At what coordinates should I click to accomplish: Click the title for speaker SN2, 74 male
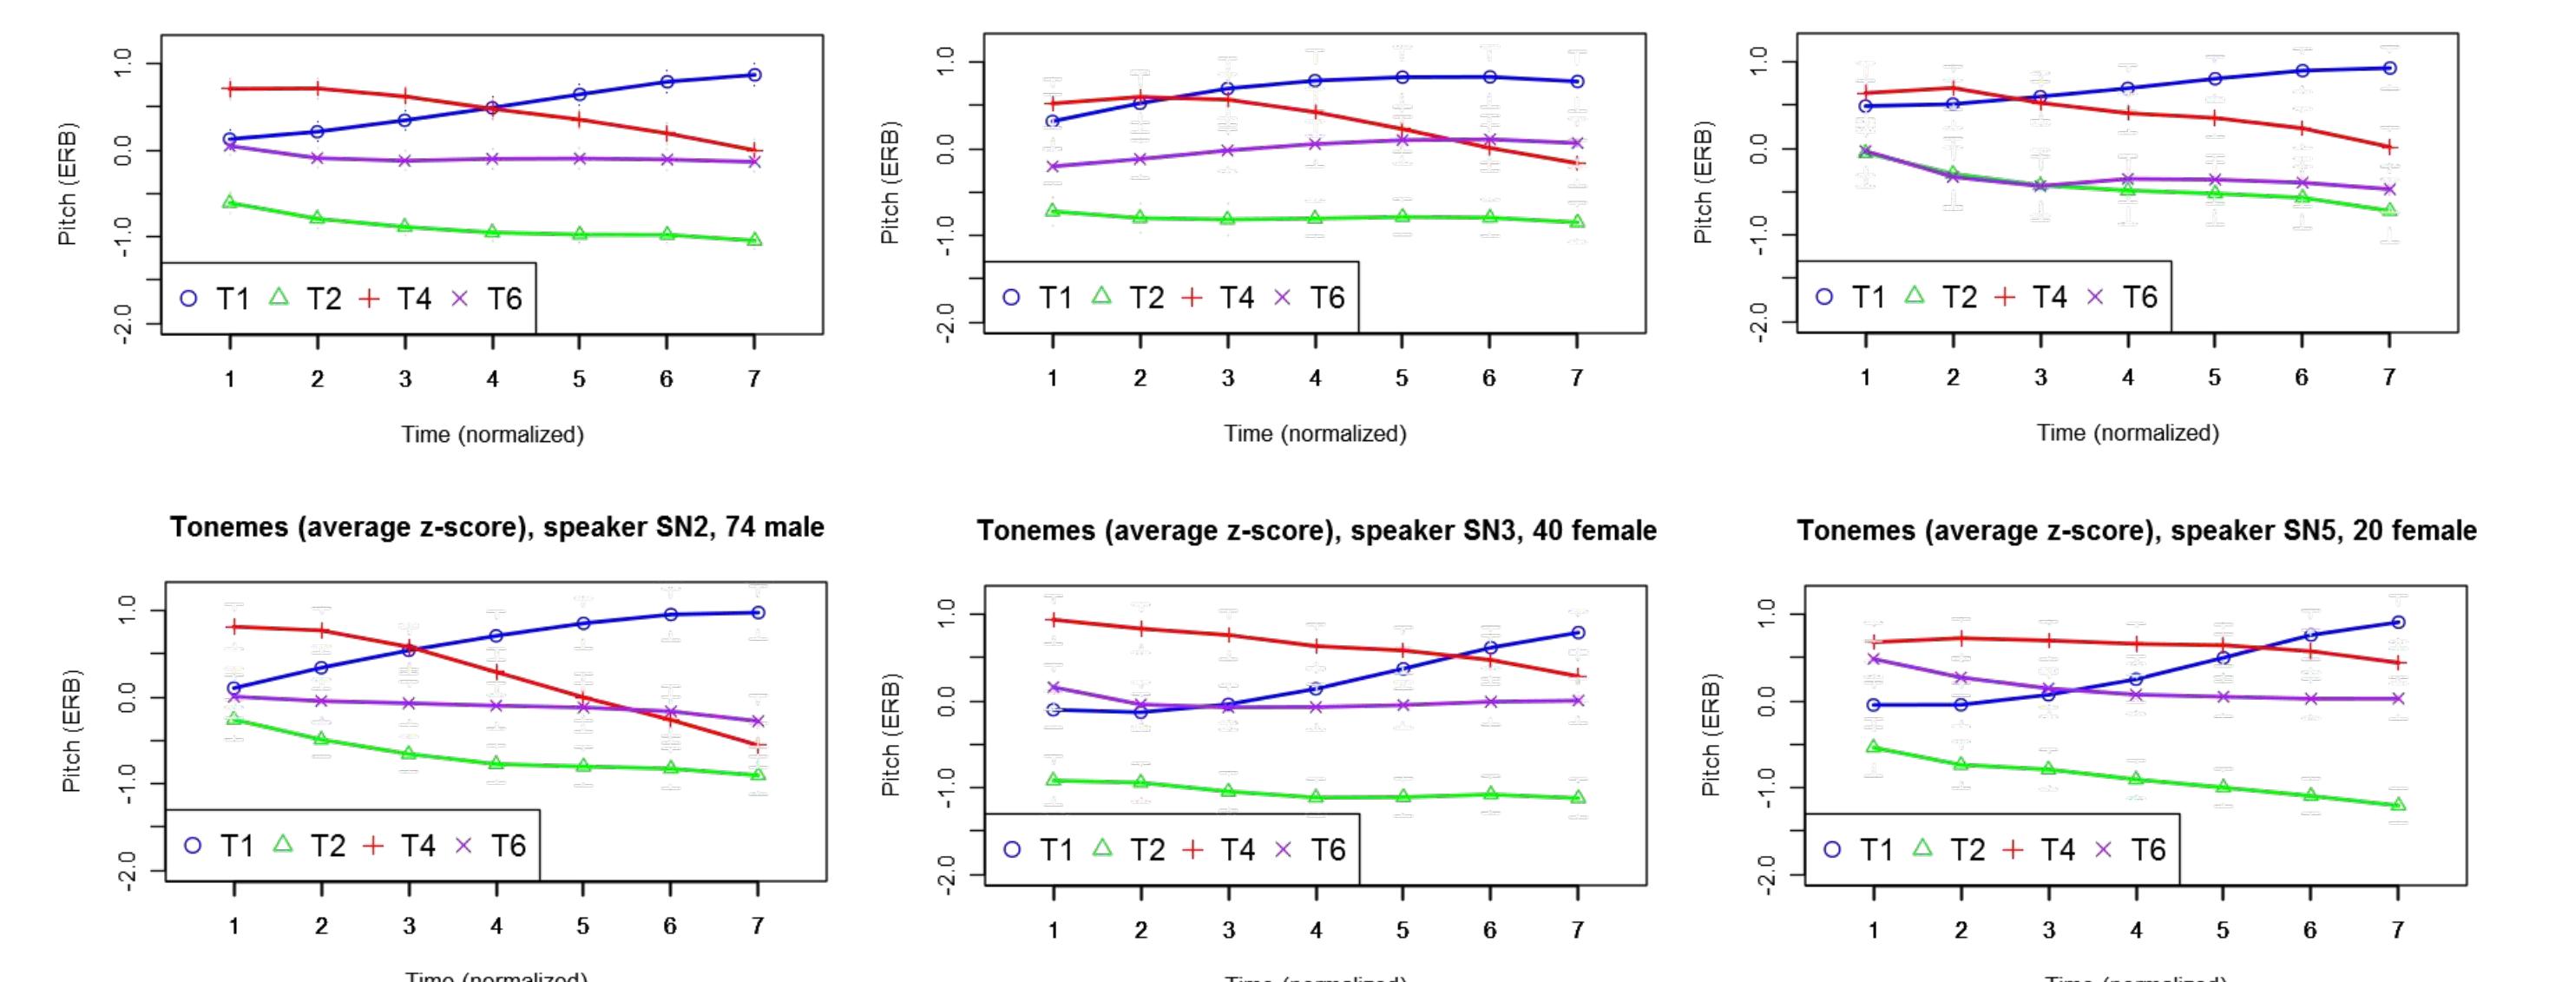tap(496, 527)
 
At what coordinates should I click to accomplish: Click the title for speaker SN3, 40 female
tap(1316, 531)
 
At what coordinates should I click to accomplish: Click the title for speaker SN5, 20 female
tap(2137, 531)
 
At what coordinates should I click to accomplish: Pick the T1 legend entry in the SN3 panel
tap(1036, 850)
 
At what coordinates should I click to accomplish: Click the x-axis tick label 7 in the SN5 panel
tap(2397, 929)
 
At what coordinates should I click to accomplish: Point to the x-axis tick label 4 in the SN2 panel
tap(496, 926)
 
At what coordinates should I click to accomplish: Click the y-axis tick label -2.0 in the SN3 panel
tap(946, 875)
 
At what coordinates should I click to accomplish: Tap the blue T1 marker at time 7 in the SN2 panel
tap(758, 613)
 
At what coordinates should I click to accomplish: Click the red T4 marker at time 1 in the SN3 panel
tap(1054, 620)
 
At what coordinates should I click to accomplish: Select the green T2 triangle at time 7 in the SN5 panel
tap(2398, 804)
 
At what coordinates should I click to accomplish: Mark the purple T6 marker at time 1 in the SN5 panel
tap(1874, 659)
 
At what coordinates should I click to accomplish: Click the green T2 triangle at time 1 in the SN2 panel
tap(233, 718)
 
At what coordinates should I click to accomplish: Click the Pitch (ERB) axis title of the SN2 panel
tap(70, 730)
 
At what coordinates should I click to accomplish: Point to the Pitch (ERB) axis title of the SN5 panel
tap(1710, 735)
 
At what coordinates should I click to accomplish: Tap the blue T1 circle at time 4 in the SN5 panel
tap(2135, 680)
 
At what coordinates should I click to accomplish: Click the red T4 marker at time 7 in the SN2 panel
tap(758, 745)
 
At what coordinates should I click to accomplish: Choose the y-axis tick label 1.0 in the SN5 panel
tap(1766, 615)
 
